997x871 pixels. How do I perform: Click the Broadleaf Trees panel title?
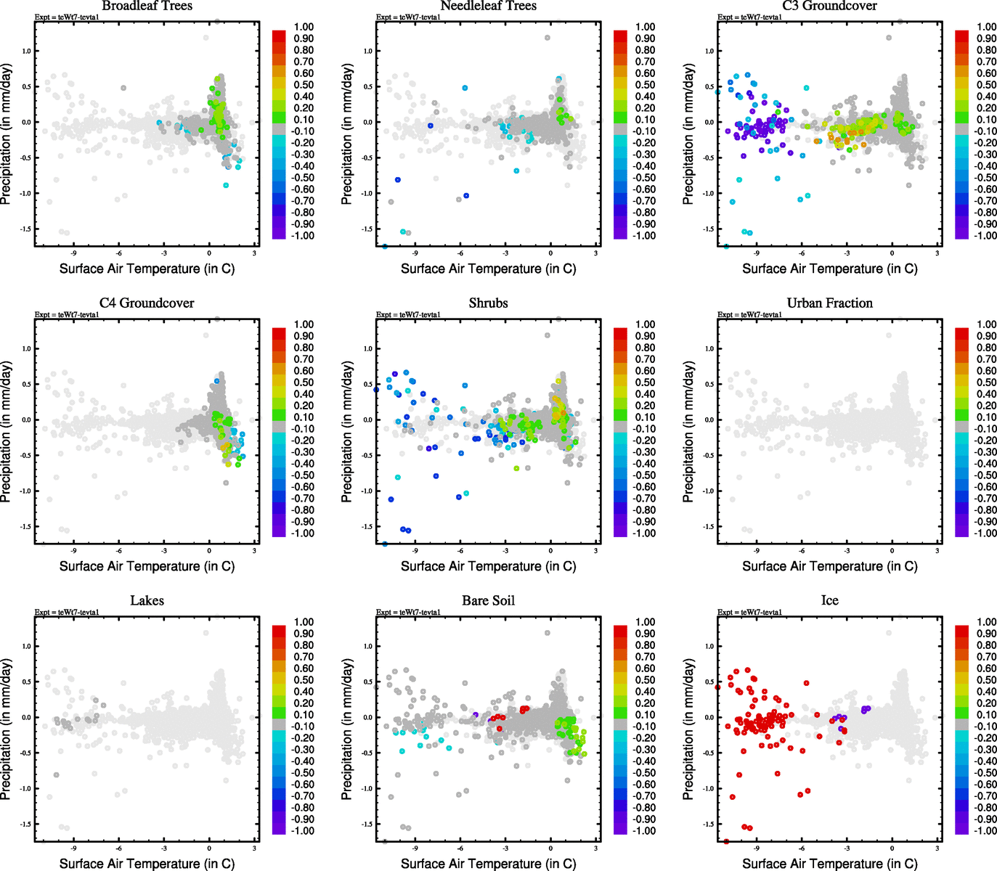click(x=147, y=6)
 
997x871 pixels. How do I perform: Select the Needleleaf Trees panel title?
click(x=488, y=6)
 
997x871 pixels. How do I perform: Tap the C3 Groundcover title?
click(x=829, y=6)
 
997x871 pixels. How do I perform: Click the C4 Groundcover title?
click(x=147, y=303)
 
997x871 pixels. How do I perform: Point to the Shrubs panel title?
click(x=488, y=303)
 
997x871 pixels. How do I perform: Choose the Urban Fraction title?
click(x=829, y=303)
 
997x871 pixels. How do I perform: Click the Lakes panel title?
click(x=147, y=600)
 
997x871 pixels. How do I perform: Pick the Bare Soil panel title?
click(x=488, y=600)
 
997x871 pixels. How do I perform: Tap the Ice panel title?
click(x=829, y=600)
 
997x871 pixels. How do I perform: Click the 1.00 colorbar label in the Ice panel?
click(x=986, y=622)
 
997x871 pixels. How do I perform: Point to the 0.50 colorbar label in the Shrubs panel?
click(x=646, y=383)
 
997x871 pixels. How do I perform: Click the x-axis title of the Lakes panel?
click(x=147, y=863)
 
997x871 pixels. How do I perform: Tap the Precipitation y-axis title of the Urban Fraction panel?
click(x=688, y=432)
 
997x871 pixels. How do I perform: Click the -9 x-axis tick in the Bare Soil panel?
click(x=415, y=848)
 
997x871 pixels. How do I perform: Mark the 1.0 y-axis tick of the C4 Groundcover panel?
click(x=25, y=349)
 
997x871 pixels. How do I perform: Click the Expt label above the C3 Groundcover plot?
click(x=749, y=17)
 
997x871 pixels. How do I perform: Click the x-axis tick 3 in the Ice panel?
click(x=937, y=848)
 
